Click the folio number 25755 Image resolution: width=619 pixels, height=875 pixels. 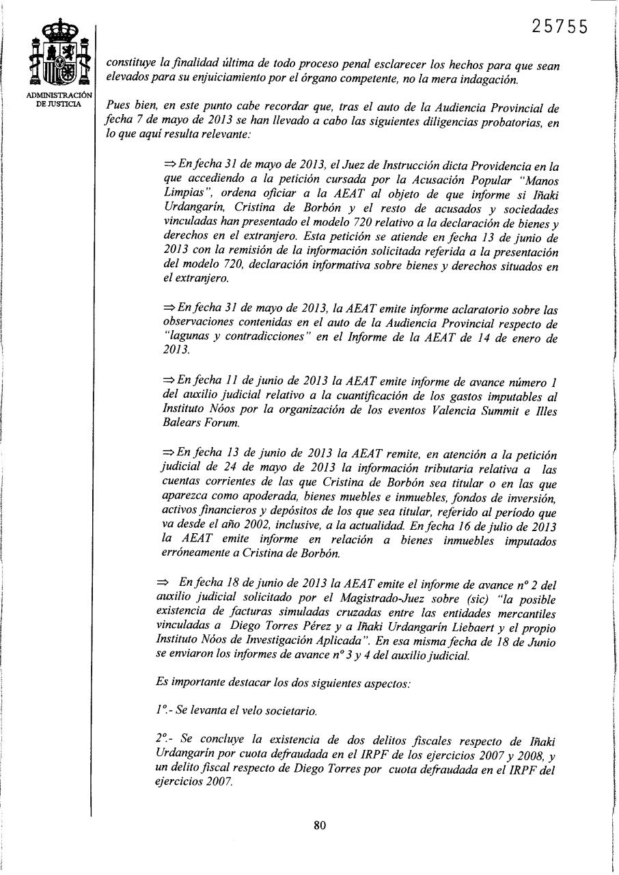[559, 26]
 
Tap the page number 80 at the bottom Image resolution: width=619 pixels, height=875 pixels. [319, 825]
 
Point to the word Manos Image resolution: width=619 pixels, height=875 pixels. [540, 180]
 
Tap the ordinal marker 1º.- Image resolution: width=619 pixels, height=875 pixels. [164, 711]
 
